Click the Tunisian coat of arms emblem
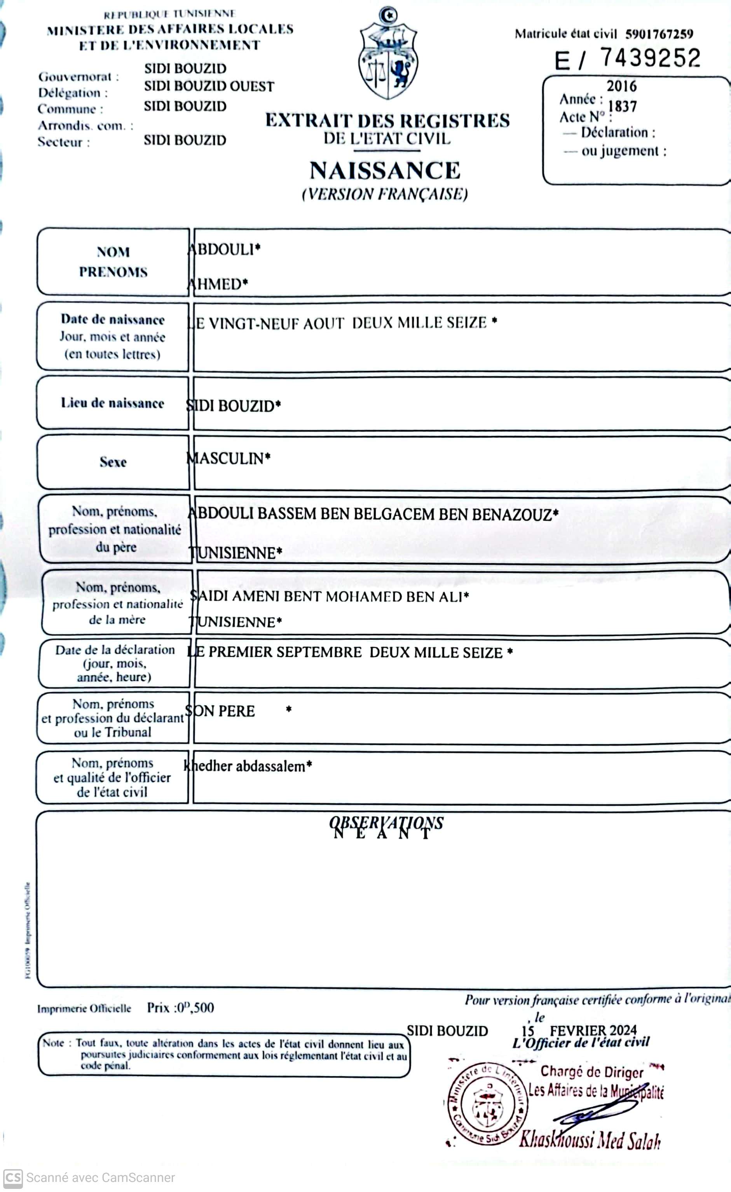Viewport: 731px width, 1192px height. [x=388, y=54]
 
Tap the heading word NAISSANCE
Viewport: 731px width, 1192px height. [x=385, y=171]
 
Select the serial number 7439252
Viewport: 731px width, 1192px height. [x=650, y=58]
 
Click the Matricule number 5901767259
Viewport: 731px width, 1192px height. [x=659, y=34]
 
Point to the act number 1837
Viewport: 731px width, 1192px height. [x=622, y=106]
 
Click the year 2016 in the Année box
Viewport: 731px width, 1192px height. [x=622, y=87]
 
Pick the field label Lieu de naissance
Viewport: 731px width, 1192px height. [x=112, y=403]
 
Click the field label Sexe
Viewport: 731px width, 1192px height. [x=113, y=462]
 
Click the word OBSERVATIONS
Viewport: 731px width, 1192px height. [x=386, y=822]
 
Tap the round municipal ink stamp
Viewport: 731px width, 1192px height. [x=487, y=1105]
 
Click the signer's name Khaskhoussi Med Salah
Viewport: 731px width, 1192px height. [x=589, y=1140]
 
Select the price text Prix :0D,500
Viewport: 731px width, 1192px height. [x=180, y=1008]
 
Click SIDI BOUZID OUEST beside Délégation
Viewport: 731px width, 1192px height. [x=209, y=87]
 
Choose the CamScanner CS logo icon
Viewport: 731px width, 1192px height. [x=12, y=1178]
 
